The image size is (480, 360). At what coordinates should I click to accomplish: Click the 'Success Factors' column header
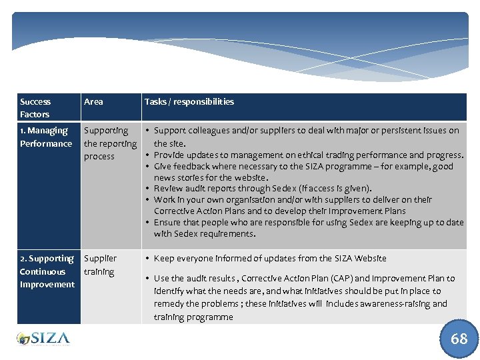click(35, 108)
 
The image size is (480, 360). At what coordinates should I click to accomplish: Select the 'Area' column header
click(94, 102)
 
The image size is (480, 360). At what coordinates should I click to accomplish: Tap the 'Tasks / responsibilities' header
click(189, 102)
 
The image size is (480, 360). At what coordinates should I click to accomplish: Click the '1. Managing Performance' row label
click(46, 137)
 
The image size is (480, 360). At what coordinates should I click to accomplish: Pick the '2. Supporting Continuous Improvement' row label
click(47, 271)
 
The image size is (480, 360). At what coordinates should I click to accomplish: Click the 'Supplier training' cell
click(100, 265)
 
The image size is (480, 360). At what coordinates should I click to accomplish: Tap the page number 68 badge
click(459, 339)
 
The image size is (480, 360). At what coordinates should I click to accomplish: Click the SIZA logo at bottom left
click(43, 338)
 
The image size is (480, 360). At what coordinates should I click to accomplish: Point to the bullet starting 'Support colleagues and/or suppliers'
click(306, 137)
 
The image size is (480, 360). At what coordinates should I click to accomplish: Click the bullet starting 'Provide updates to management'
click(308, 155)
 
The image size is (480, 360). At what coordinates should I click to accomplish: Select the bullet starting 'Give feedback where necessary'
click(303, 172)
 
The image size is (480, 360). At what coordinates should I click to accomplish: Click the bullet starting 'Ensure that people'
click(308, 228)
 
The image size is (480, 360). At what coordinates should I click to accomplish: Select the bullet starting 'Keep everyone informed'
click(270, 259)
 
